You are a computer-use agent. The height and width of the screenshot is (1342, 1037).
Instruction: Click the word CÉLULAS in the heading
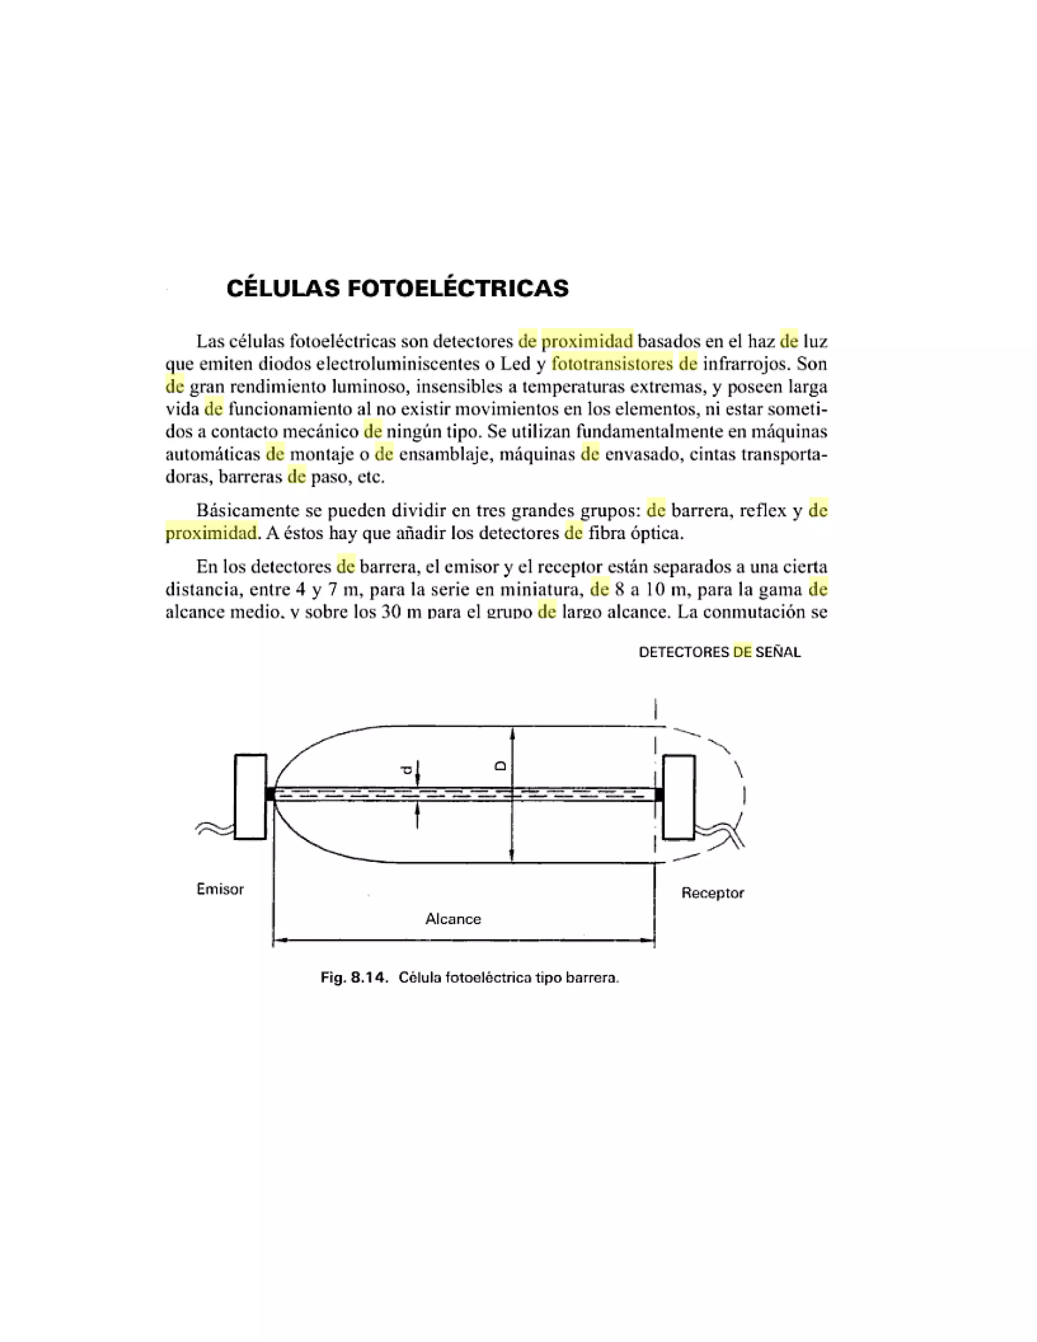(x=283, y=288)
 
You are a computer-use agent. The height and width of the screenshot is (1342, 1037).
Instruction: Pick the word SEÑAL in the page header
(x=778, y=653)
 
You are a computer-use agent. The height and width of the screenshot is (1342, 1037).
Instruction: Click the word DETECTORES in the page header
(x=684, y=653)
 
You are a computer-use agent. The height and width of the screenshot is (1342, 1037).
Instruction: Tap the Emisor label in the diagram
(x=220, y=889)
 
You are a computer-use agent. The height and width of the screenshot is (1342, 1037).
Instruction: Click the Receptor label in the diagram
(x=712, y=893)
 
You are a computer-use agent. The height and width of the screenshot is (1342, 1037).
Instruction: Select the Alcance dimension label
(x=453, y=919)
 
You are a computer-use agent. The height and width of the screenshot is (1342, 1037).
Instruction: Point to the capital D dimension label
(x=501, y=766)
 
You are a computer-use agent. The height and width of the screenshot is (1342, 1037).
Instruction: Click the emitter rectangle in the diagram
(x=251, y=797)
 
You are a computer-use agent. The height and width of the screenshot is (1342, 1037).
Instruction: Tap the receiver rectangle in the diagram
(x=679, y=797)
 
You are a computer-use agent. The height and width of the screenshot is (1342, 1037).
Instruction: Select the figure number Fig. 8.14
(x=354, y=977)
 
